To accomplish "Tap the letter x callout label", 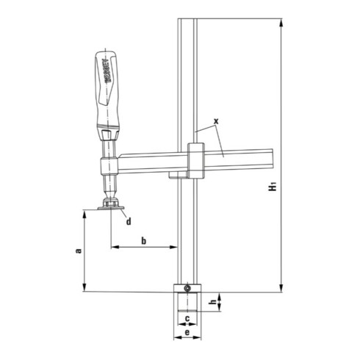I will point(216,119).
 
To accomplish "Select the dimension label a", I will point(79,251).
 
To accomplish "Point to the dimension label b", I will point(144,240).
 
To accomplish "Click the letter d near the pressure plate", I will point(128,220).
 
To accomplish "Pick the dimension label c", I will point(187,318).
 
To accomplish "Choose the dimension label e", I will point(187,333).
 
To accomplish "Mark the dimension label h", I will point(212,301).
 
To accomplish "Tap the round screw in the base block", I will point(187,288).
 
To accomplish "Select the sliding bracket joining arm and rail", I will point(195,162).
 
